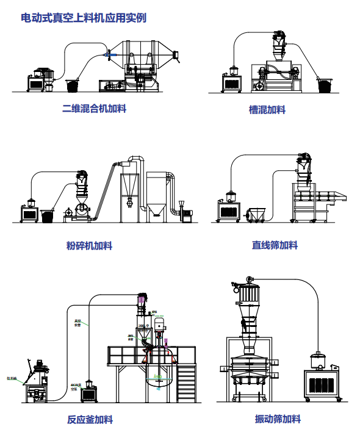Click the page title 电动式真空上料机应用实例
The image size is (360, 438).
[84, 18]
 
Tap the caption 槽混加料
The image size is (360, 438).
[267, 110]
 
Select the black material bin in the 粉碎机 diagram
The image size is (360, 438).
[48, 216]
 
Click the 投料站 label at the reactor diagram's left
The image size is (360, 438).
[12, 378]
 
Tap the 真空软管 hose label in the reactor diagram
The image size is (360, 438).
[78, 321]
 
